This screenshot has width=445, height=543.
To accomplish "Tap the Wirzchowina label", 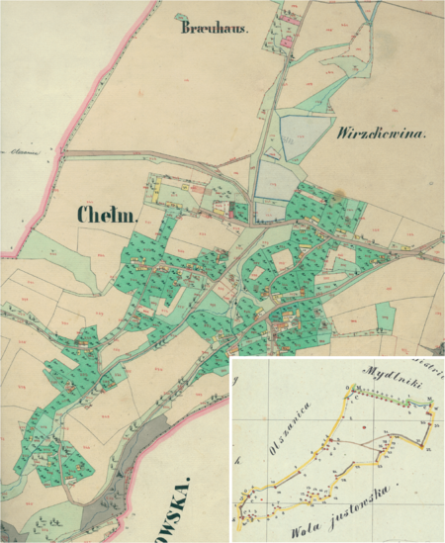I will [x=381, y=133].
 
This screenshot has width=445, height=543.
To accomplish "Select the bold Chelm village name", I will [x=108, y=215].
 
